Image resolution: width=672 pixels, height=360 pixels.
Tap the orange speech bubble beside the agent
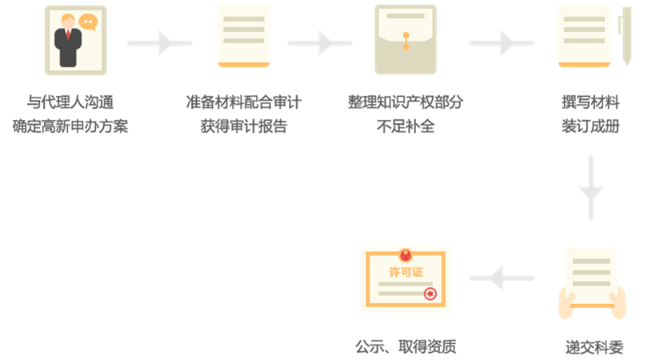(88, 23)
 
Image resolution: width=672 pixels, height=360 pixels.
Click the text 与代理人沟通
(70, 102)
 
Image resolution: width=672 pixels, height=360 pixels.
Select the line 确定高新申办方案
(70, 126)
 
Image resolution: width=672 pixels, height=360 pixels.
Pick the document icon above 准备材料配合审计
(244, 36)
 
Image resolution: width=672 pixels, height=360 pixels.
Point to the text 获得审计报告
(244, 126)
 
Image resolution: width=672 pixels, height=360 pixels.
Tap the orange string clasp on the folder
(406, 38)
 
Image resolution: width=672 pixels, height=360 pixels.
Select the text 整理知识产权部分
(406, 102)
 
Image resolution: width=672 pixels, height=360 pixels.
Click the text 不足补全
(406, 126)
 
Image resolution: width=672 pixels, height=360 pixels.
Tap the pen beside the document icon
(626, 36)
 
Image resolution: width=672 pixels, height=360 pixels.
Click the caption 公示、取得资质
(406, 347)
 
